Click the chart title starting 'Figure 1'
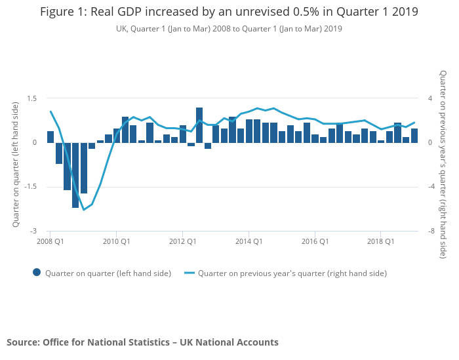[x=229, y=12]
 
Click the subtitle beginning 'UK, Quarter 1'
[x=229, y=29]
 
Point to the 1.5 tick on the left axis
[x=31, y=98]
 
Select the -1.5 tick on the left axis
[x=30, y=187]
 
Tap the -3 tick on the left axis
[x=33, y=231]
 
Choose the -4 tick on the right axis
[x=429, y=187]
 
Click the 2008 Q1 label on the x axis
[x=50, y=241]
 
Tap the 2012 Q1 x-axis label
[x=182, y=241]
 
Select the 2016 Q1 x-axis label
[x=315, y=241]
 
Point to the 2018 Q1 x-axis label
[x=381, y=241]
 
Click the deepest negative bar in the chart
[x=75, y=175]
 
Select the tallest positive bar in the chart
[x=199, y=125]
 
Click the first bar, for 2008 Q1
[x=50, y=137]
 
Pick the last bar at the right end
[x=414, y=136]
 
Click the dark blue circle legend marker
[x=37, y=273]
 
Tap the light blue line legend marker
[x=190, y=273]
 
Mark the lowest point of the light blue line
[x=83, y=210]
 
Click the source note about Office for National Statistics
[x=142, y=342]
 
